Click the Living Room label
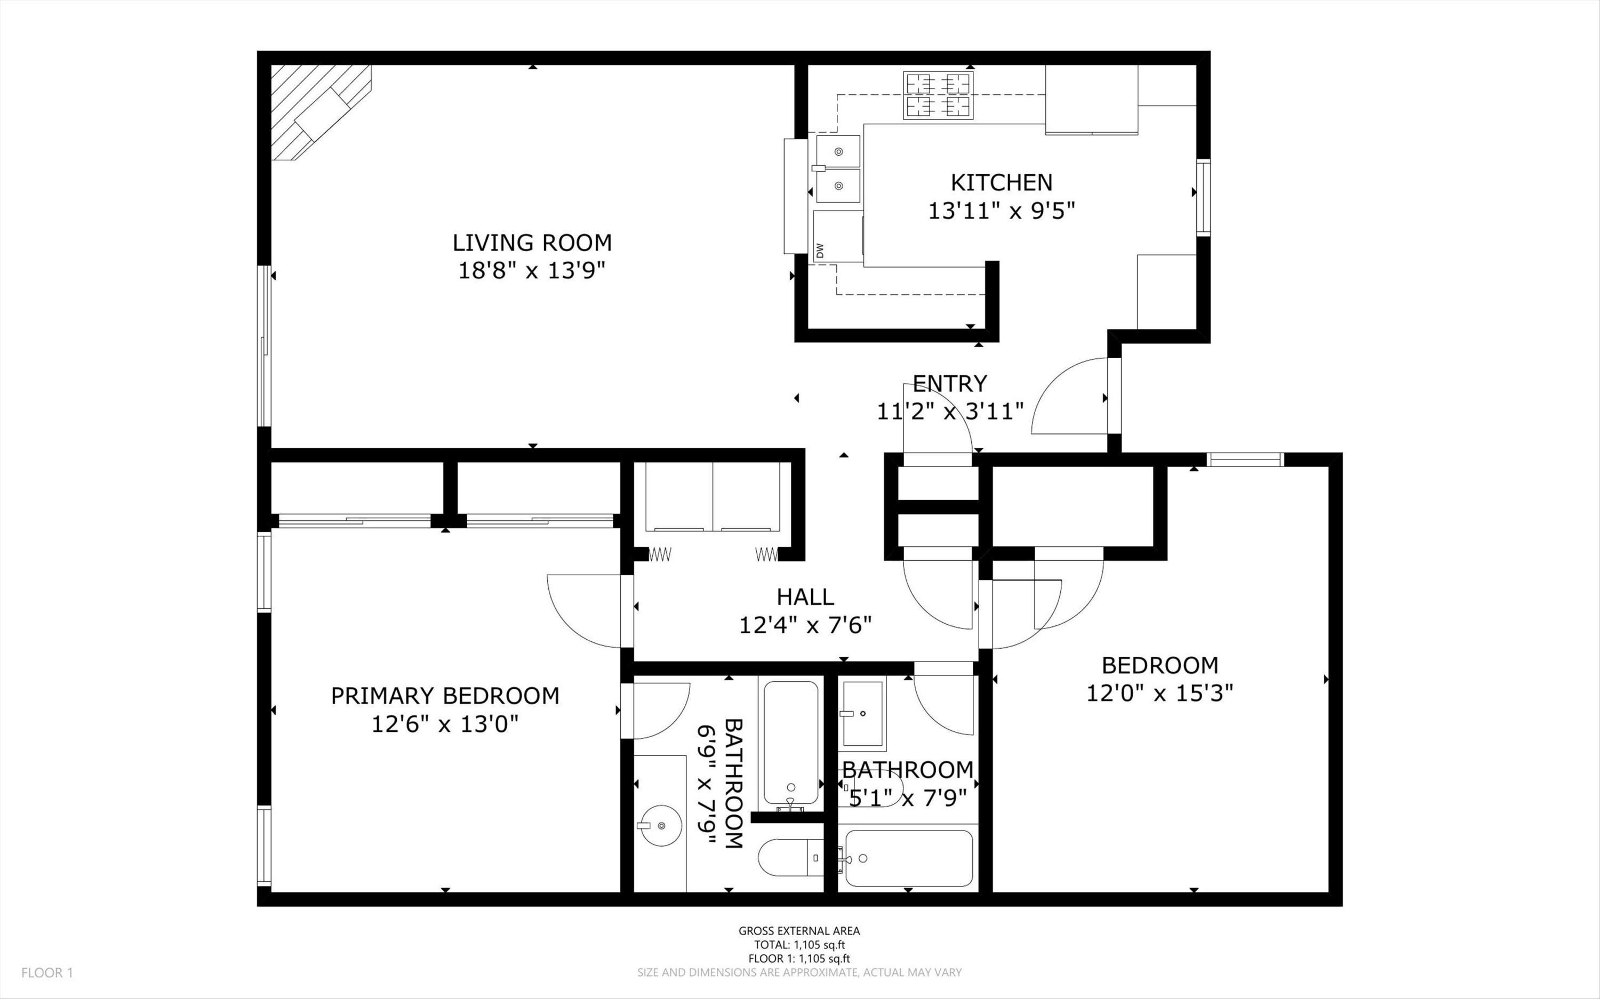532,243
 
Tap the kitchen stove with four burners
939,96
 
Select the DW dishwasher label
820,251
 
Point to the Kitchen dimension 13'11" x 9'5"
1002,211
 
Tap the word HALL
805,597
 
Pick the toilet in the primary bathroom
790,858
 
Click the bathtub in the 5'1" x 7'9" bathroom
909,858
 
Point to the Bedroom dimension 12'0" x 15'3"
1160,693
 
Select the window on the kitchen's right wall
1204,197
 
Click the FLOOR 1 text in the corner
47,972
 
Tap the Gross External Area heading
799,931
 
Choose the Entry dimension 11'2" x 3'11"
950,412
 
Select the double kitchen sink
838,168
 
